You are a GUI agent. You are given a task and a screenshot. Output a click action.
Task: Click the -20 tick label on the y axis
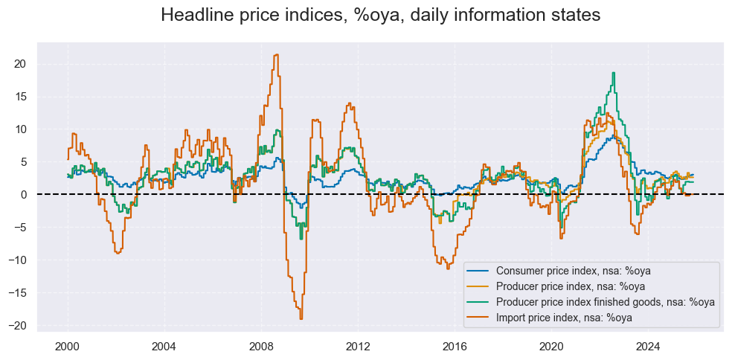tap(19, 325)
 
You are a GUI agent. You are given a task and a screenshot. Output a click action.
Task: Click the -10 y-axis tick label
tap(19, 260)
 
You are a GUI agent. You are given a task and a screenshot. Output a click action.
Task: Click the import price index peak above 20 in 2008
tap(277, 54)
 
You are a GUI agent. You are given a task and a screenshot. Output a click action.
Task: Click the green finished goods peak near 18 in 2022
tap(613, 73)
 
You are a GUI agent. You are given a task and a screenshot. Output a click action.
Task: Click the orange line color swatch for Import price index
tap(479, 318)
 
